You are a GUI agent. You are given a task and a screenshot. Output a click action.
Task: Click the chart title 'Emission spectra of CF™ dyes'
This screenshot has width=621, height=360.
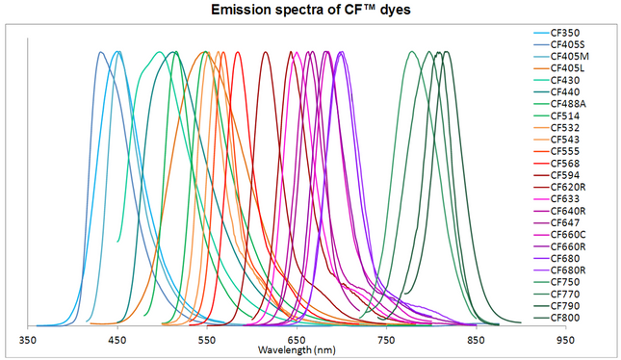tap(311, 11)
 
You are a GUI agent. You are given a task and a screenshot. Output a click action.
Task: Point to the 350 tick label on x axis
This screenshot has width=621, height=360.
tap(28, 341)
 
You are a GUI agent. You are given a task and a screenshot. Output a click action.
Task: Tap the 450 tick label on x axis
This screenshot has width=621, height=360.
tap(117, 341)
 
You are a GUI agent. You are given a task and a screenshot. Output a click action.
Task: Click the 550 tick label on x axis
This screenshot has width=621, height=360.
tap(207, 341)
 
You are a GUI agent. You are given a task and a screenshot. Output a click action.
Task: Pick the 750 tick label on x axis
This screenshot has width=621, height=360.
tap(386, 341)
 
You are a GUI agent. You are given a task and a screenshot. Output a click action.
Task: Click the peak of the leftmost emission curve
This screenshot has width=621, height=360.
tap(101, 52)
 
